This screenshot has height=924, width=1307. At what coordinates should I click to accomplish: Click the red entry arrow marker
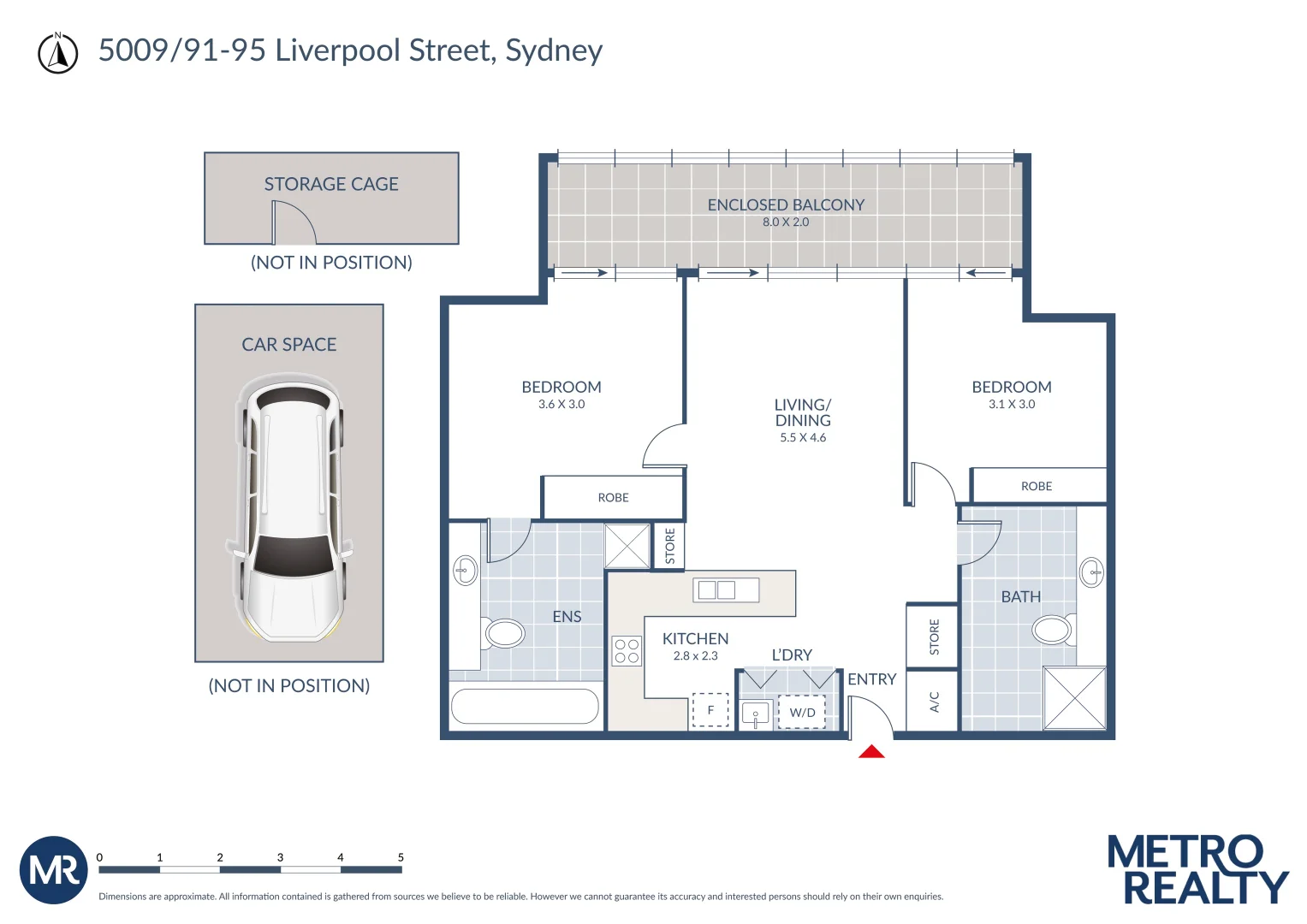(x=871, y=751)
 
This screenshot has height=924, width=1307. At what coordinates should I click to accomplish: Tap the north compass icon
(x=57, y=53)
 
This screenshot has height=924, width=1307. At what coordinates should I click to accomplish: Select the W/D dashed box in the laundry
(x=802, y=712)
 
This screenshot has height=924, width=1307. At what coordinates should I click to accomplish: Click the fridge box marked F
(x=710, y=710)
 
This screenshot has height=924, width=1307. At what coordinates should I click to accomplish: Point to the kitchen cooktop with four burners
(x=627, y=651)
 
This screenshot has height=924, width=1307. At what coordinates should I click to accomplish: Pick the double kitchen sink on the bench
(x=726, y=589)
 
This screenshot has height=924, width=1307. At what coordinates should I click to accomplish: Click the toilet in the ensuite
(x=503, y=633)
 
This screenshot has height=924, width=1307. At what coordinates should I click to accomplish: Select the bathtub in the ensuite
(x=525, y=707)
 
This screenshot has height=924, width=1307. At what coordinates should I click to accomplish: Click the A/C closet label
(x=934, y=702)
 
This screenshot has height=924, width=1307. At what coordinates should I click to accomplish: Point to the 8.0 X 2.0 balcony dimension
(x=786, y=222)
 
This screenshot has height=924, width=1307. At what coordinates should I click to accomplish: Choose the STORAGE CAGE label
(x=331, y=184)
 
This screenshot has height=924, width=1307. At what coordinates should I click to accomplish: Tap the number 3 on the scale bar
(x=280, y=857)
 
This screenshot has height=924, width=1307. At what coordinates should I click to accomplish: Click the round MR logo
(x=54, y=870)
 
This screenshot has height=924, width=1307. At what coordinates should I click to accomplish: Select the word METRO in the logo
(x=1185, y=851)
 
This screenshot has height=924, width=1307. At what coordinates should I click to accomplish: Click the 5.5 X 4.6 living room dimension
(x=803, y=437)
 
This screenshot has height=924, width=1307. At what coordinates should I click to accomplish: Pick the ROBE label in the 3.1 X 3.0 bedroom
(x=1037, y=486)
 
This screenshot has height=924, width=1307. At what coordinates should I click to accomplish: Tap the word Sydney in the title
(x=554, y=50)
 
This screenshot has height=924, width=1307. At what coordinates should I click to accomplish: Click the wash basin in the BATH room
(x=1091, y=572)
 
